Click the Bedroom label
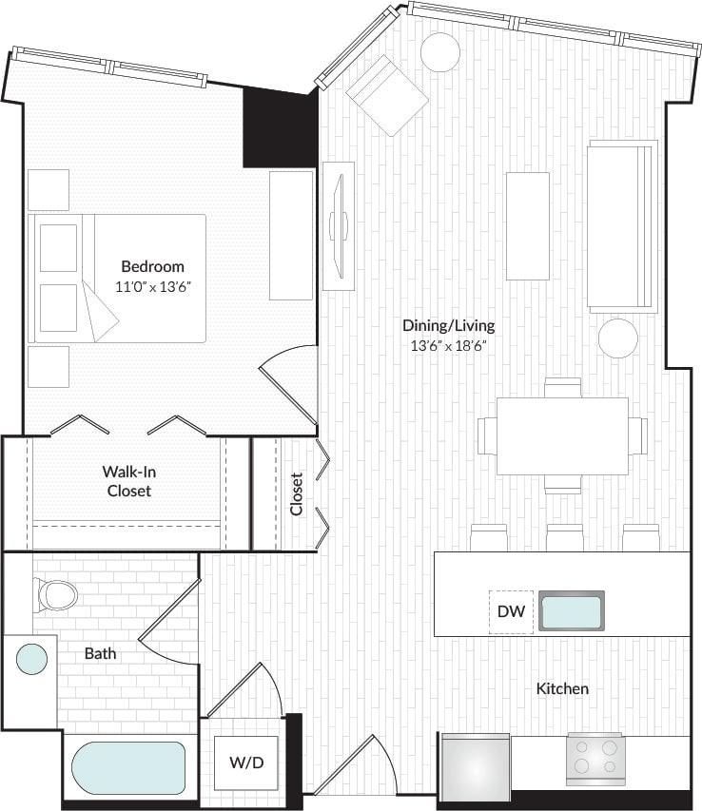[152, 266]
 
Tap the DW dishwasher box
[511, 611]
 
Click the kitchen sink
[571, 611]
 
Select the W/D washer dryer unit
[246, 763]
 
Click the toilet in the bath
[56, 595]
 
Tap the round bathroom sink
[31, 659]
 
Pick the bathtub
[129, 768]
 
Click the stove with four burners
[595, 758]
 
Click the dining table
[561, 435]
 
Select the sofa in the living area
[622, 226]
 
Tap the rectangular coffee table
[527, 226]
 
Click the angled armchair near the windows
[387, 95]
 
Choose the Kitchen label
[562, 688]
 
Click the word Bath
[100, 653]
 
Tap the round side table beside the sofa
[617, 338]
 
